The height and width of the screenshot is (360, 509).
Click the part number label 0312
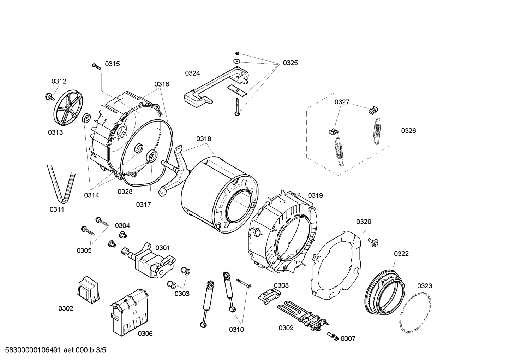click(x=59, y=81)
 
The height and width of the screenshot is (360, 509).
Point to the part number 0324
click(x=192, y=73)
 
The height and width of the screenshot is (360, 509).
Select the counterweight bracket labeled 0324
click(x=212, y=88)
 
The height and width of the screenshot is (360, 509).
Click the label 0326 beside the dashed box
click(x=408, y=131)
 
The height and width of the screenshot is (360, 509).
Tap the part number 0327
click(x=342, y=102)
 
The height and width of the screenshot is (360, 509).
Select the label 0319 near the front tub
click(x=315, y=195)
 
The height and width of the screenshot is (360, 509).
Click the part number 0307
click(x=348, y=338)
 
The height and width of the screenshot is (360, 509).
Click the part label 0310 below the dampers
click(x=236, y=330)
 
